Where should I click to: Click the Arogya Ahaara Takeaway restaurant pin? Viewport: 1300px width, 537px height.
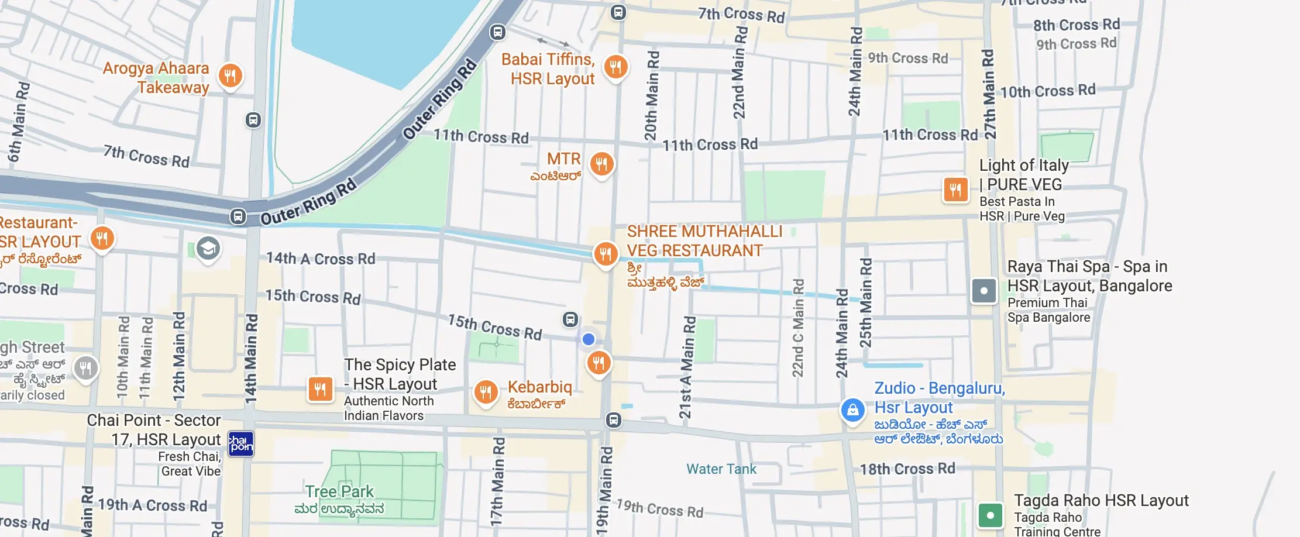tap(231, 75)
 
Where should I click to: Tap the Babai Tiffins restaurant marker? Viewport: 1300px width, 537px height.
tap(615, 67)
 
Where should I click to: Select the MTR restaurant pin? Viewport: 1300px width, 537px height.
tap(601, 164)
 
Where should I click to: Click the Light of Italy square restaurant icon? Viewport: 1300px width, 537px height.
tap(955, 190)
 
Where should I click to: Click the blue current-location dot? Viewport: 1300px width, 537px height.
tap(589, 339)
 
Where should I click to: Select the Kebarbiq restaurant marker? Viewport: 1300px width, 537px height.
tap(486, 392)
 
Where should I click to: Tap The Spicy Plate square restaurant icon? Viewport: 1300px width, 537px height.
tap(320, 389)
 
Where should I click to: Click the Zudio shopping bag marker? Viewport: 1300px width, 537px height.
tap(852, 410)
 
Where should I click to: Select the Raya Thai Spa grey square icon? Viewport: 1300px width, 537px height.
tap(983, 291)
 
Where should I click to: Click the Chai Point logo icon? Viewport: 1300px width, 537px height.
tap(240, 444)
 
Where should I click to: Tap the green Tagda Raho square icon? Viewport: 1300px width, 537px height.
tap(990, 515)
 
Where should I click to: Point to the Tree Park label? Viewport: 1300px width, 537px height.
tap(339, 491)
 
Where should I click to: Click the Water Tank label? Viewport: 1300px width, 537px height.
tap(721, 469)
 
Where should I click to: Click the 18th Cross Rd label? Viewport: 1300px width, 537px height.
tap(907, 469)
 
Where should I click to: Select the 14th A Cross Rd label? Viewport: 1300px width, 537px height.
tap(321, 259)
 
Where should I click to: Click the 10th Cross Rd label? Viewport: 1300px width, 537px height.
tap(1047, 91)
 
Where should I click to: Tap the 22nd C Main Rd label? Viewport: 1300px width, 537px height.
tap(798, 328)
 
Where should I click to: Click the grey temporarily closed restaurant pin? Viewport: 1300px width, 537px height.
tap(85, 369)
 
